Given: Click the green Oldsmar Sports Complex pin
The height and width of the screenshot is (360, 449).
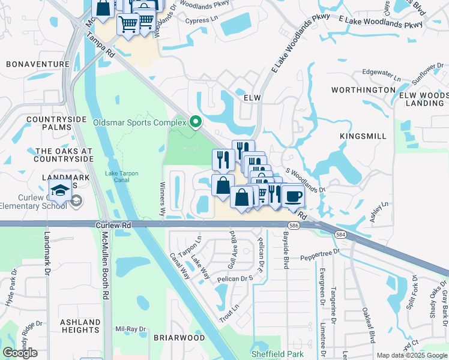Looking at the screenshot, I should (195, 122).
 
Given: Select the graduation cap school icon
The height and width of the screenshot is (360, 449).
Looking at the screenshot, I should (60, 191).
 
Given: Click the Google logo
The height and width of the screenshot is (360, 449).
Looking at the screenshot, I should (20, 353).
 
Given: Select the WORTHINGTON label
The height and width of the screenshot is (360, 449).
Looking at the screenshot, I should (364, 90).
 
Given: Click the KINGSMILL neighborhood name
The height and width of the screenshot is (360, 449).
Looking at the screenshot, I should (363, 136).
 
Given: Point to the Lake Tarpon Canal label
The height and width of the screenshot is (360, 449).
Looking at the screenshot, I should (122, 177).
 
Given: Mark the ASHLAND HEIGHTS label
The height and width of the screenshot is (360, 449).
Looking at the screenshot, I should (80, 326).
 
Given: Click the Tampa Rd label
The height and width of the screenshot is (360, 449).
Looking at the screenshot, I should (100, 44).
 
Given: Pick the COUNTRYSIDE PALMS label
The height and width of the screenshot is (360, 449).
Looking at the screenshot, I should (53, 124).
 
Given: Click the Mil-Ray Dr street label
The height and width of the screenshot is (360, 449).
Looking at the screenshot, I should (131, 329).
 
